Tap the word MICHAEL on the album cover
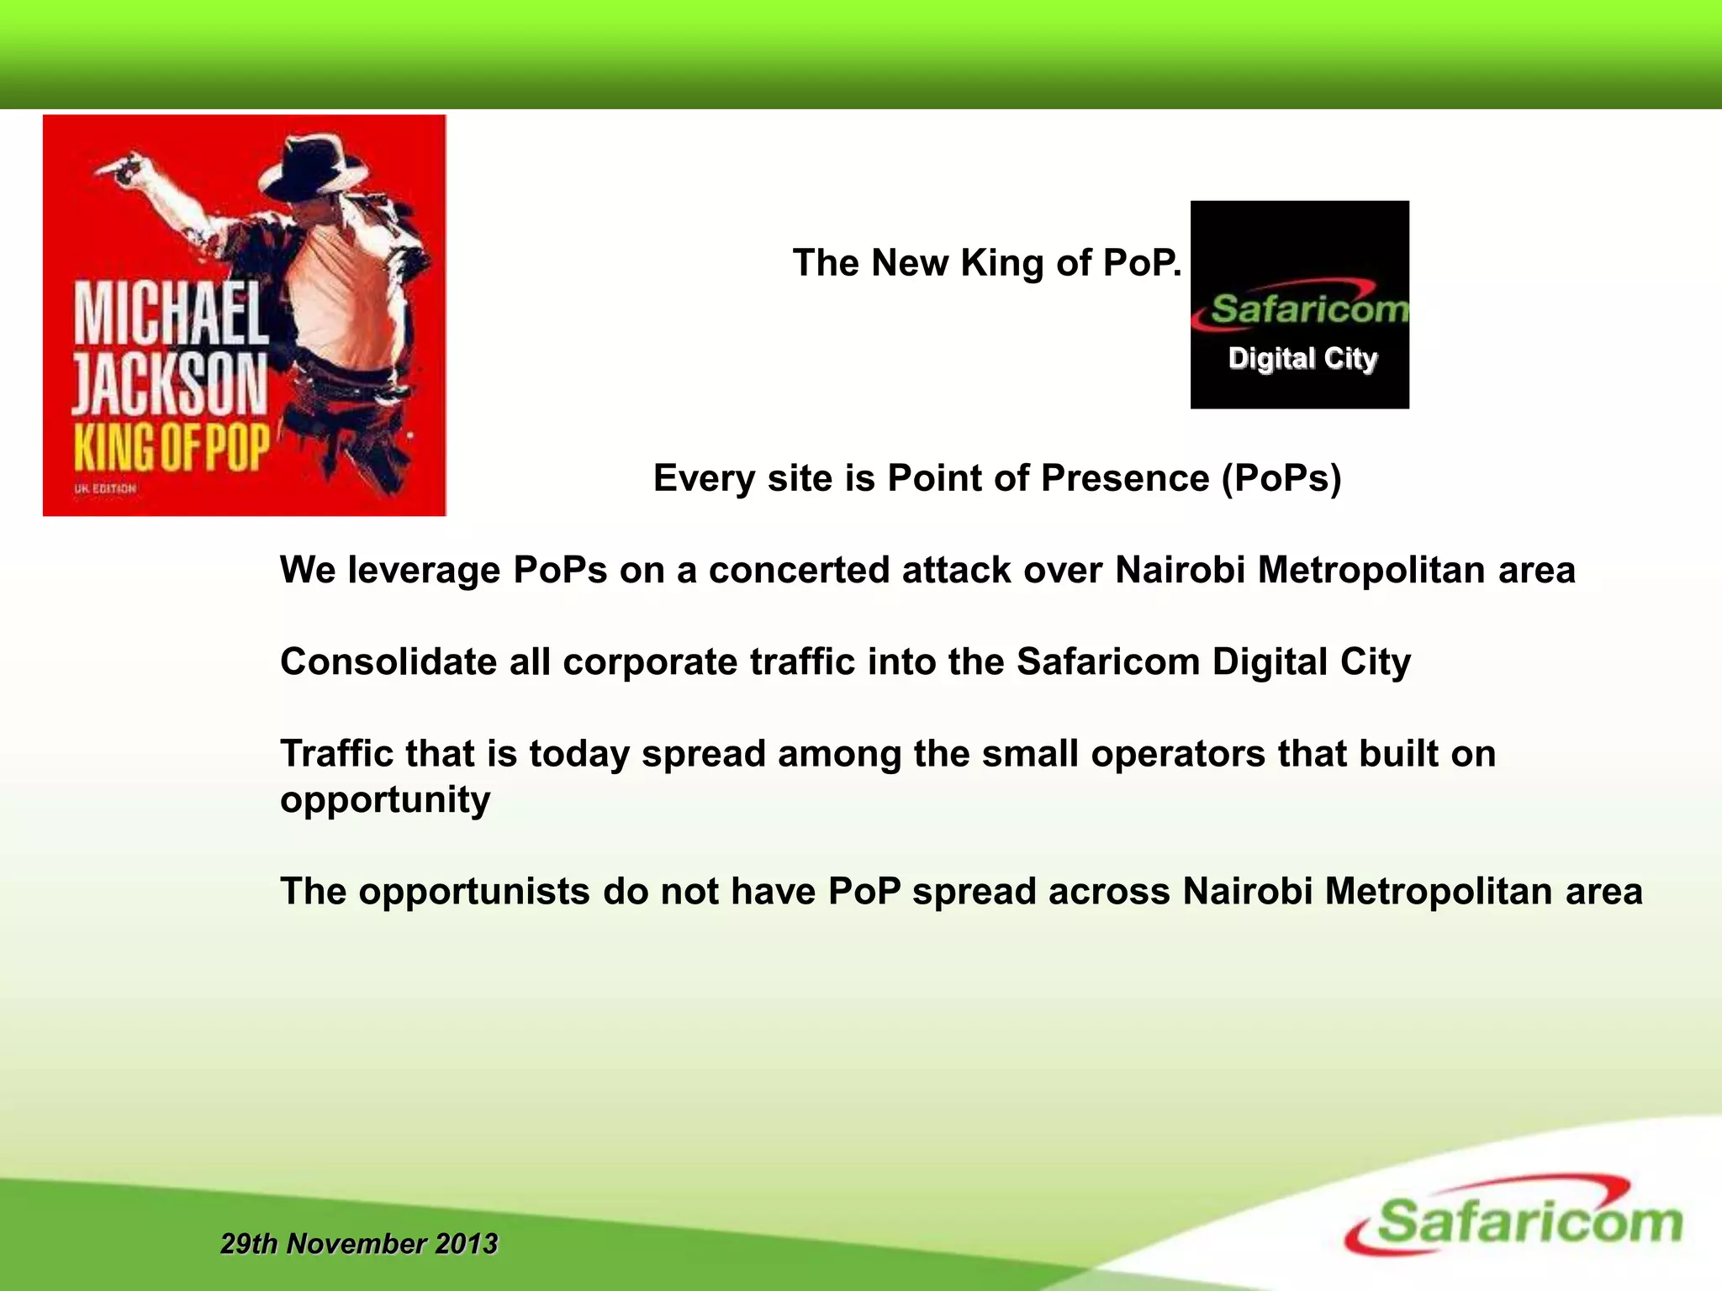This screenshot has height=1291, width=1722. point(172,314)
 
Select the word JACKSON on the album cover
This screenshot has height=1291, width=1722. point(170,384)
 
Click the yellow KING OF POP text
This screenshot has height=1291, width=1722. point(172,447)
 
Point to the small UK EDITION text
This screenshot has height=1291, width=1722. point(105,488)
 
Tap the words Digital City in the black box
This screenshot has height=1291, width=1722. point(1302,359)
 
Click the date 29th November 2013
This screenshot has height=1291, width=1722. point(359,1244)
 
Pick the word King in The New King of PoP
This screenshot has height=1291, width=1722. point(1003,263)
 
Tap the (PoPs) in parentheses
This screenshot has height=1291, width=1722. point(1281,478)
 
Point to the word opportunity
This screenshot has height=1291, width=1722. point(385,800)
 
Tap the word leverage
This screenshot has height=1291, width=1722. point(425,572)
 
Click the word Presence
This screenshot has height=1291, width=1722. point(1125,478)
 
